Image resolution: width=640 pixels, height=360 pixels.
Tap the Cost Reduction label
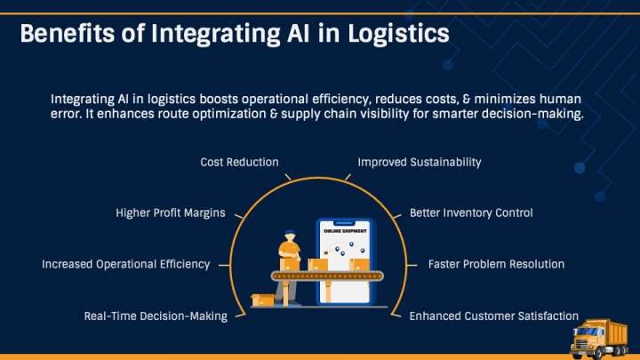click(239, 163)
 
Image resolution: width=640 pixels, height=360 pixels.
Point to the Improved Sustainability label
click(419, 163)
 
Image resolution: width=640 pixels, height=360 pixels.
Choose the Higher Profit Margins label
click(171, 213)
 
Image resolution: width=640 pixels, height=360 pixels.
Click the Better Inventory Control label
click(471, 213)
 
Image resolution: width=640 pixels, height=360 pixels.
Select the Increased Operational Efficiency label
click(125, 264)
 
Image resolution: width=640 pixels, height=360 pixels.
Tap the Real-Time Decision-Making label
click(156, 316)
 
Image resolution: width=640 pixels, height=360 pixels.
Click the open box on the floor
click(263, 300)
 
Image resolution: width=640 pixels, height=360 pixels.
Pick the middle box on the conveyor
click(317, 265)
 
